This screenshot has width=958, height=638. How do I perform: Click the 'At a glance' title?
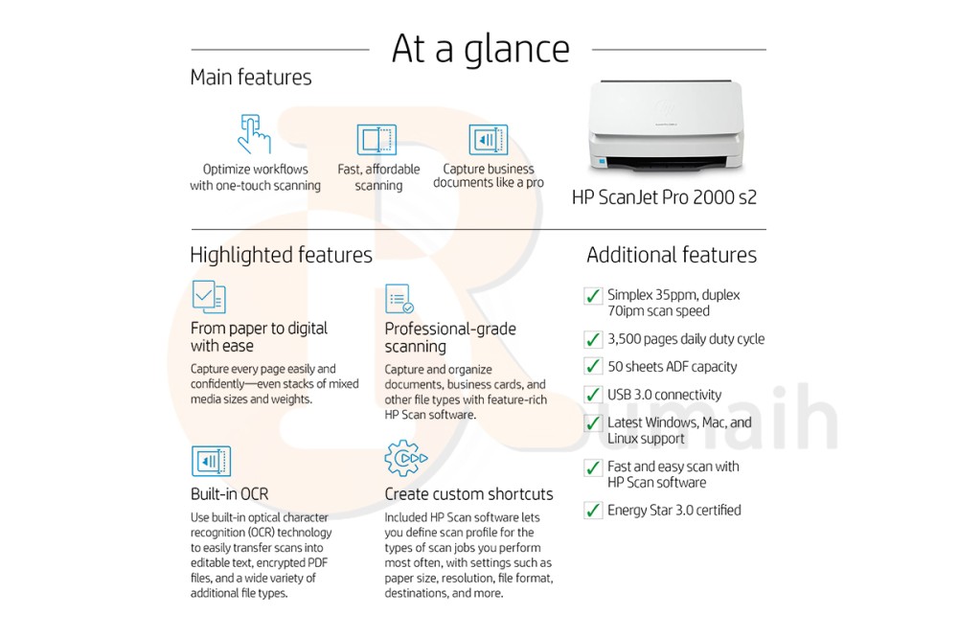pos(480,49)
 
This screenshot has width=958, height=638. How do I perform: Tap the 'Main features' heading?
pos(251,78)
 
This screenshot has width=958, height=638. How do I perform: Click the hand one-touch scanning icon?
pos(253,134)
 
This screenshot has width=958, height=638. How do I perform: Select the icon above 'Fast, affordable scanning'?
pos(376,140)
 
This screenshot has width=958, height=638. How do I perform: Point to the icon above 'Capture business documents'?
pos(488,140)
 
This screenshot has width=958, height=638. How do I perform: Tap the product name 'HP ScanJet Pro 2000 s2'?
pos(664,198)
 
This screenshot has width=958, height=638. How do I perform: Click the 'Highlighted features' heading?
pos(281,255)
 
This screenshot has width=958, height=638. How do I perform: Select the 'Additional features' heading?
pos(671,255)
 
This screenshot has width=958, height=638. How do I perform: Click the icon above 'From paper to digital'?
pos(209,297)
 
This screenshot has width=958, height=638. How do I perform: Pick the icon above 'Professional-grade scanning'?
pos(399,299)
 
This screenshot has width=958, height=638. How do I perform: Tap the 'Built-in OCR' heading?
pos(229,494)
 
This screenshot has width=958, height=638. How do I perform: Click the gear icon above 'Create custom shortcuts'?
pos(405,459)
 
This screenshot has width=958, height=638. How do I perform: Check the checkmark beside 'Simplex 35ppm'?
pos(593,296)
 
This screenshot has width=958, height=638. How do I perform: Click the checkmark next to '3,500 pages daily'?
pos(593,339)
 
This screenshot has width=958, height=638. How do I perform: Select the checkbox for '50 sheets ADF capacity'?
pos(593,367)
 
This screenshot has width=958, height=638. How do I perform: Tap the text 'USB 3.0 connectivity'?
pos(664,395)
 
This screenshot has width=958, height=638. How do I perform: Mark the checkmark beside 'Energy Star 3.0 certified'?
pos(593,511)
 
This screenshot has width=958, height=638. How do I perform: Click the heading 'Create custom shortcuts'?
pos(468,494)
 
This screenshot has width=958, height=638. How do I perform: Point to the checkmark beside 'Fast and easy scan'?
pos(593,468)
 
